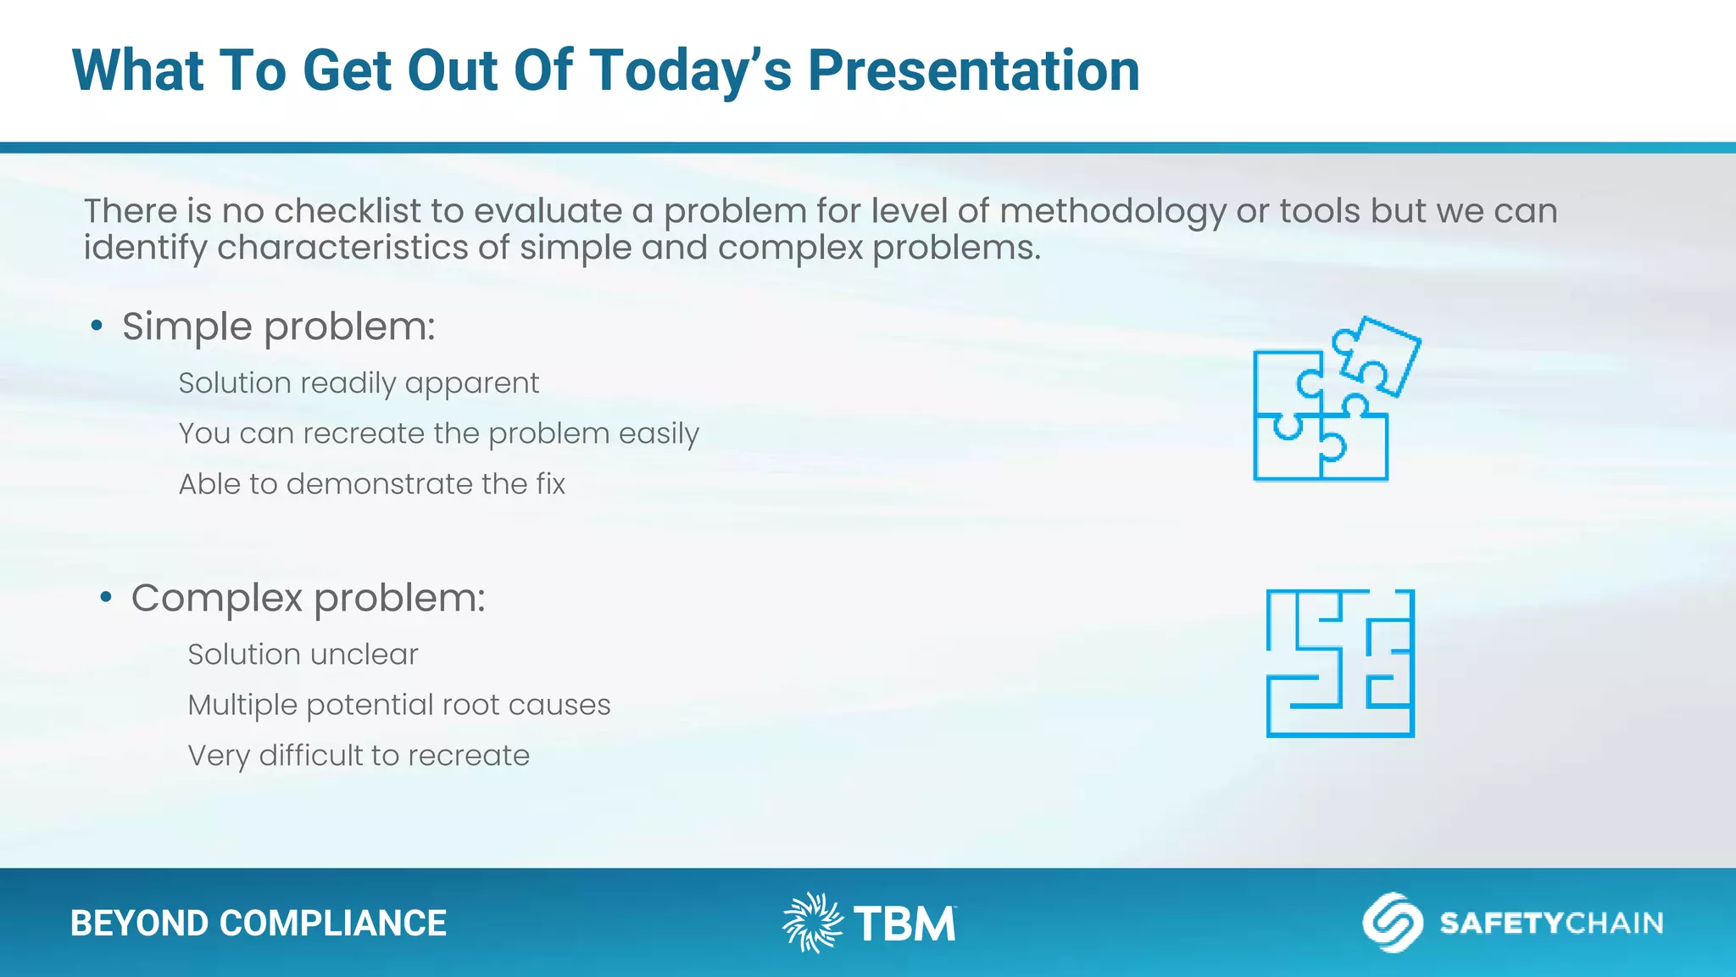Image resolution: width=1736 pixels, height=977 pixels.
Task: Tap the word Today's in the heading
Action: point(690,70)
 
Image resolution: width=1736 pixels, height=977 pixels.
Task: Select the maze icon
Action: point(1340,663)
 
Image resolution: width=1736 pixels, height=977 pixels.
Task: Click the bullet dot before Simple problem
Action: point(97,326)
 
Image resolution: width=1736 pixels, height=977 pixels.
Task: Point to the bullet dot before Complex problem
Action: point(106,598)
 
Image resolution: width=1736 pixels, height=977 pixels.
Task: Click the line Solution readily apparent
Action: point(359,383)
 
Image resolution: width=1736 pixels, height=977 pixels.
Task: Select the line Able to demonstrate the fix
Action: point(371,484)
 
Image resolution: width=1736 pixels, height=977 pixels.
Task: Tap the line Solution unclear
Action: point(303,655)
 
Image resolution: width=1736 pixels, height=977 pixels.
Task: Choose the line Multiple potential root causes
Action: point(398,705)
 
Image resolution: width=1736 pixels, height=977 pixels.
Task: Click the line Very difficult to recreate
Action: point(359,756)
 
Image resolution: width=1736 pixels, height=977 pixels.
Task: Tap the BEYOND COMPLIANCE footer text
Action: point(258,923)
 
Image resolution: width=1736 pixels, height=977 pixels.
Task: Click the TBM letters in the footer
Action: point(904,924)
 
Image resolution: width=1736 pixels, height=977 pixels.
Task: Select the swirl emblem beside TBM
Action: point(811,922)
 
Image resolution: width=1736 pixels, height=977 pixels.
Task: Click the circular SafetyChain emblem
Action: point(1392,922)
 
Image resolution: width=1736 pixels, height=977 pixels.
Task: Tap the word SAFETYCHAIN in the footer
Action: point(1550,923)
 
